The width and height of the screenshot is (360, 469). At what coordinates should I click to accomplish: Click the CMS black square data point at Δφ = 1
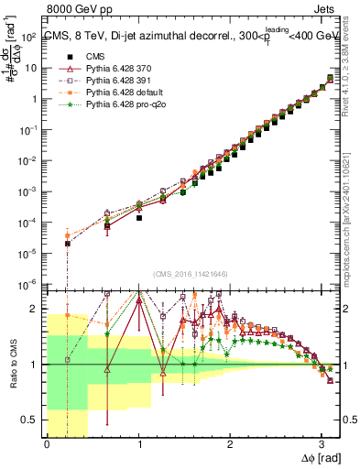tap(139, 219)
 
